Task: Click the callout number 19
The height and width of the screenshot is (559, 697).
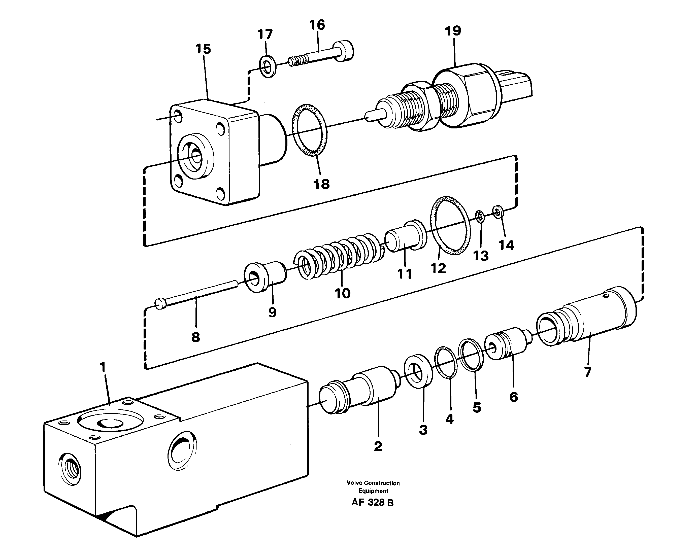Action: [x=453, y=31]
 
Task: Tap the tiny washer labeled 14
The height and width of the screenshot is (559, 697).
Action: [x=497, y=212]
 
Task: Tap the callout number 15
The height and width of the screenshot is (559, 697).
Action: [x=203, y=49]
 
